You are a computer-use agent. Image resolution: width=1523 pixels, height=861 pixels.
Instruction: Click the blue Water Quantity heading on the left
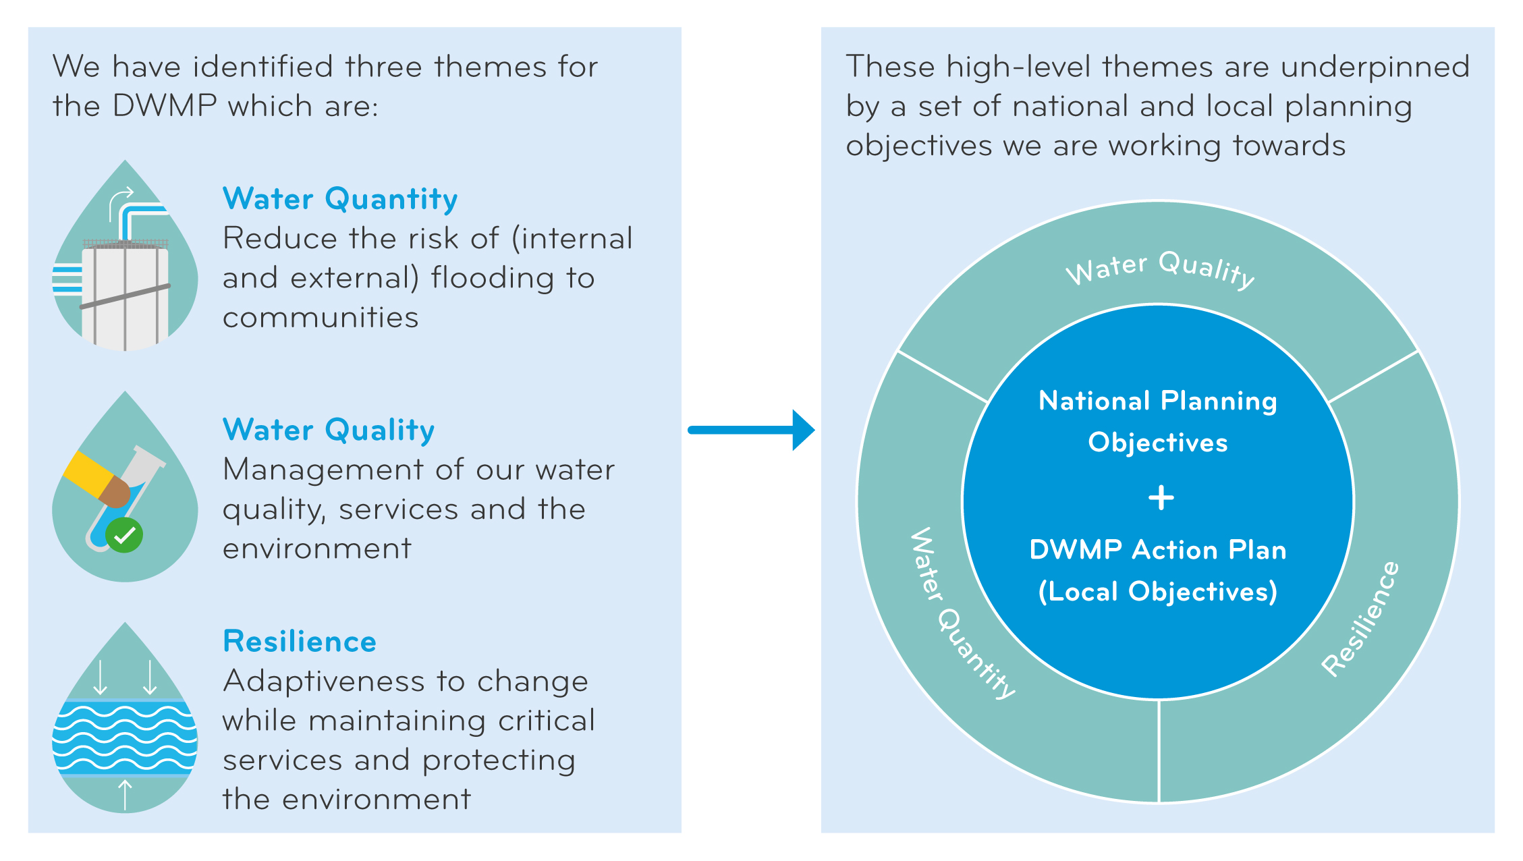(340, 200)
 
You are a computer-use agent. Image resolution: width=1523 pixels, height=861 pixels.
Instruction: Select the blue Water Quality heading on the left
(329, 431)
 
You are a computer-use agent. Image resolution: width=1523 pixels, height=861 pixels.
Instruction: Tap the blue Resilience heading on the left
(300, 642)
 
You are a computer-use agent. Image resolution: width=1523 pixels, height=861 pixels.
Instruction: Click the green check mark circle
(125, 536)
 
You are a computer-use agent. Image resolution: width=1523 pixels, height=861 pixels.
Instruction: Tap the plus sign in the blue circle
(1161, 498)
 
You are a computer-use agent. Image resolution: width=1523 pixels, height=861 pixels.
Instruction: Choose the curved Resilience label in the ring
(1360, 619)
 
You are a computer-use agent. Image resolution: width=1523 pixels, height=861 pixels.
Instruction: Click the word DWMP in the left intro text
(165, 107)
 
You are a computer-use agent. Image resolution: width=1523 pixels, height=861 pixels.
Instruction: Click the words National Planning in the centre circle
(1157, 401)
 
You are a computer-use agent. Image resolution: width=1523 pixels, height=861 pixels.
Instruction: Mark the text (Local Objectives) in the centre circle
(1157, 592)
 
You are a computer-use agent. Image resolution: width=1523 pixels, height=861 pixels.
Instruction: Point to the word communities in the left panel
(321, 318)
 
